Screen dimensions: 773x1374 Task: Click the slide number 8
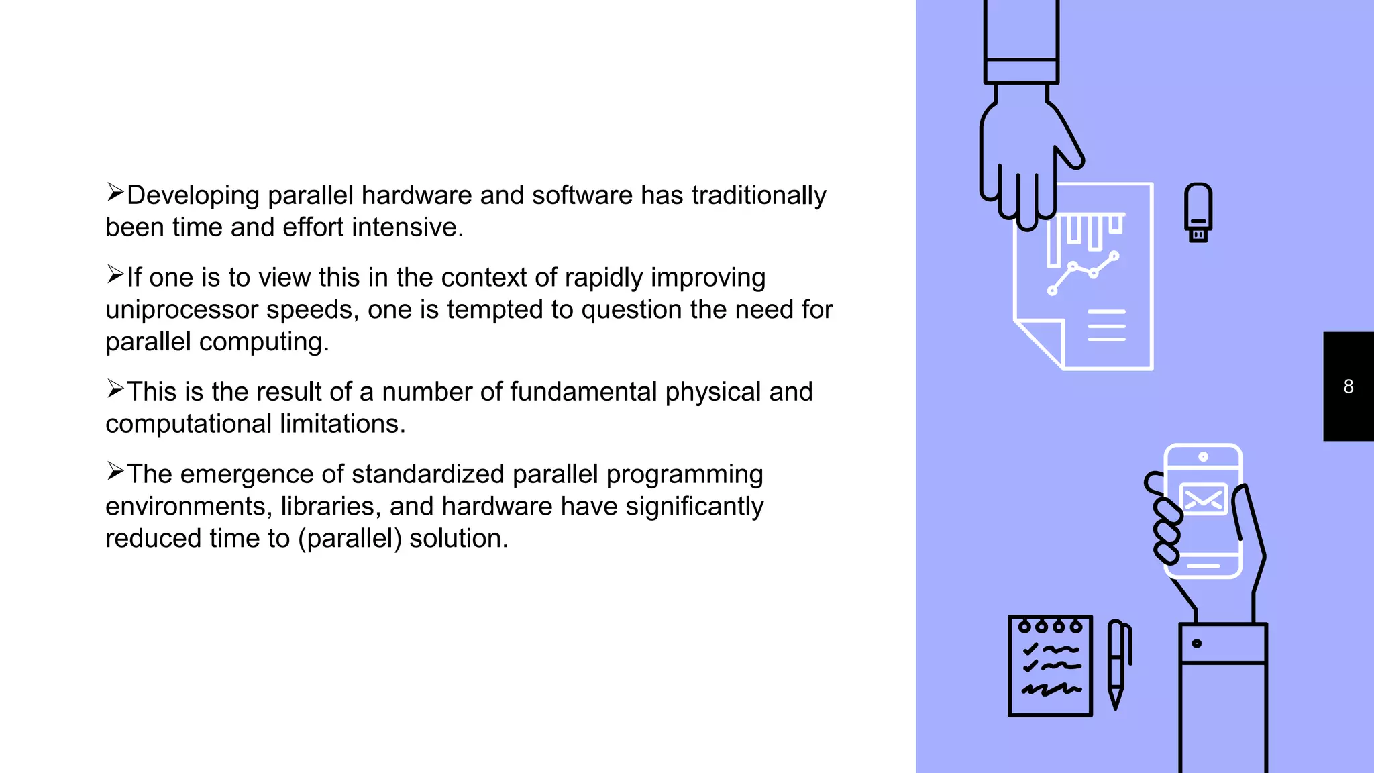point(1349,386)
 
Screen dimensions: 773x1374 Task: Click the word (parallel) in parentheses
point(350,539)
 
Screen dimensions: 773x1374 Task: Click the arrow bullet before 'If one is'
point(115,275)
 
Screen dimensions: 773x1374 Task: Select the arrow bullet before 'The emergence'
point(115,472)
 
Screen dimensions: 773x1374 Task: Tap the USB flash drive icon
point(1198,212)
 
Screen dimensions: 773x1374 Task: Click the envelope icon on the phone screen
point(1204,499)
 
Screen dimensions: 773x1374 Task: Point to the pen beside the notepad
point(1117,664)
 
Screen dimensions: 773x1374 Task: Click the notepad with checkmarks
point(1050,666)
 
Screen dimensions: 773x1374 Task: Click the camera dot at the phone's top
point(1204,457)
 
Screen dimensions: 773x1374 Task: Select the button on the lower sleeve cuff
point(1197,643)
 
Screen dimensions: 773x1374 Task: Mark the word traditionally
point(759,195)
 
